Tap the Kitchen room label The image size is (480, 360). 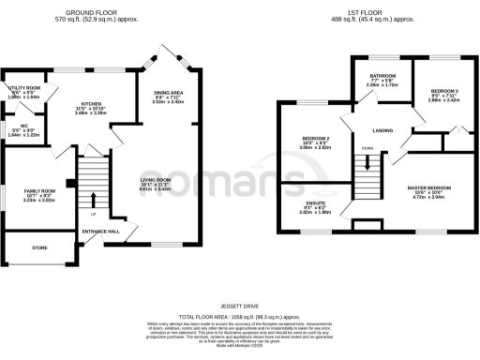[x=91, y=104]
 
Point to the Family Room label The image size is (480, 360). [x=40, y=190]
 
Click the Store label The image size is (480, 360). [x=38, y=247]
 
